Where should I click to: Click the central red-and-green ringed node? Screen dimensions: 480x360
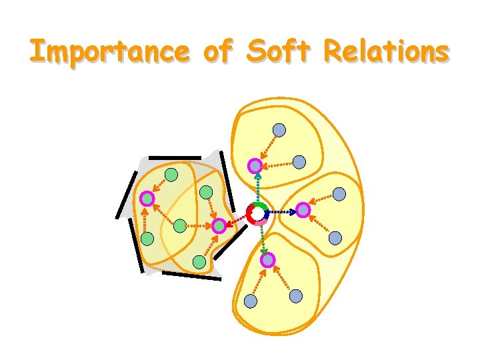pyautogui.click(x=257, y=213)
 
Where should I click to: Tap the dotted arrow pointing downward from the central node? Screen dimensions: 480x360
pyautogui.click(x=263, y=237)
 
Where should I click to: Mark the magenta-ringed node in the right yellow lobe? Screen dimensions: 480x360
pyautogui.click(x=303, y=209)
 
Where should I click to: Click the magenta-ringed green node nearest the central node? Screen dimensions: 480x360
pyautogui.click(x=219, y=225)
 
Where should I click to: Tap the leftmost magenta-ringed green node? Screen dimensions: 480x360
pyautogui.click(x=147, y=198)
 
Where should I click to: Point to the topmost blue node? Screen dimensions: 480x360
pyautogui.click(x=280, y=130)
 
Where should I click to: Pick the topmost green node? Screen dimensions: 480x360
pyautogui.click(x=171, y=175)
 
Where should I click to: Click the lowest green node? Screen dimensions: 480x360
pyautogui.click(x=199, y=262)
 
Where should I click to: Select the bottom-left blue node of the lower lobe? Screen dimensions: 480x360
pyautogui.click(x=250, y=301)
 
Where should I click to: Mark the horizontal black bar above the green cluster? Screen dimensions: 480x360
pyautogui.click(x=175, y=158)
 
